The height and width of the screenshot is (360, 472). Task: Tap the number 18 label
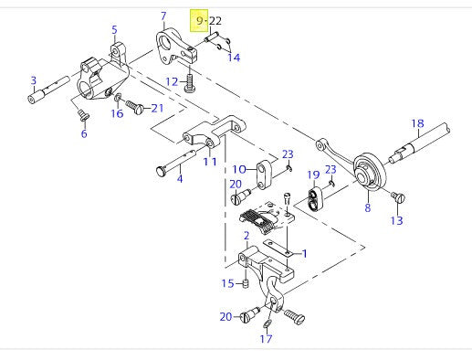pos(417,123)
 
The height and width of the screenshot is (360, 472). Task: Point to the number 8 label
pos(368,209)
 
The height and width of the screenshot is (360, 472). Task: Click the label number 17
pos(265,339)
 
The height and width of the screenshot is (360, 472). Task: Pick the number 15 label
pos(227,284)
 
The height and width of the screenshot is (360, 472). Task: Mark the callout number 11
pos(210,162)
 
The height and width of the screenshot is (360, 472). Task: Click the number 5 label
pos(114,31)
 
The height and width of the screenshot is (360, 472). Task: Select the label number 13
pos(395,220)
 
